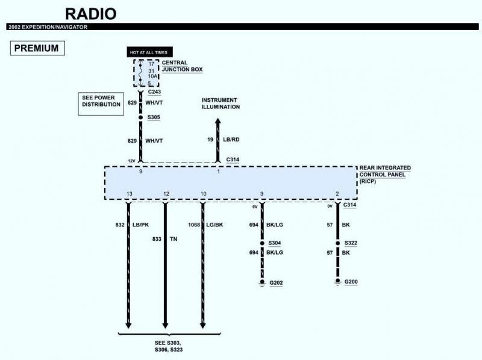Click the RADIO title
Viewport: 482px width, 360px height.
click(91, 14)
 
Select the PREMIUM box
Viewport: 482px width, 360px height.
click(37, 48)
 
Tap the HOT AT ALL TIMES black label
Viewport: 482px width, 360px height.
click(149, 52)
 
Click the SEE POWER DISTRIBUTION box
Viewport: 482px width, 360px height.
click(101, 104)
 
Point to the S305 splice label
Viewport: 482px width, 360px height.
click(154, 117)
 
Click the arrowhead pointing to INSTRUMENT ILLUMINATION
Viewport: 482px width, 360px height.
click(218, 121)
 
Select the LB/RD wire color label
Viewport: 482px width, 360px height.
click(231, 140)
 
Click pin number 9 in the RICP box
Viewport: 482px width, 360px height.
click(141, 172)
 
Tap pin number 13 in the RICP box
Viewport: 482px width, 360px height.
click(130, 194)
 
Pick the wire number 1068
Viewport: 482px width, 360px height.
click(194, 225)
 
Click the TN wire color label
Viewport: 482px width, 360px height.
click(174, 238)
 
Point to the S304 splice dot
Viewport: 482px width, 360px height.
click(262, 243)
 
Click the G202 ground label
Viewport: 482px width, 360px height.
click(276, 282)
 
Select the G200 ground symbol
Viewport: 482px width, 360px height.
click(338, 282)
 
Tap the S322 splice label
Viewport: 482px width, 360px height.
click(351, 243)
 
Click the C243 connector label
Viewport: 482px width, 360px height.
click(154, 92)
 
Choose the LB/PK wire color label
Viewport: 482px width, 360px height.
click(140, 225)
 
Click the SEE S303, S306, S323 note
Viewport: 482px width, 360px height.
click(169, 346)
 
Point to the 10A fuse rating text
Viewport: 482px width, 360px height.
click(152, 76)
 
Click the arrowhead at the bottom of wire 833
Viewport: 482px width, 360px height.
click(165, 325)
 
